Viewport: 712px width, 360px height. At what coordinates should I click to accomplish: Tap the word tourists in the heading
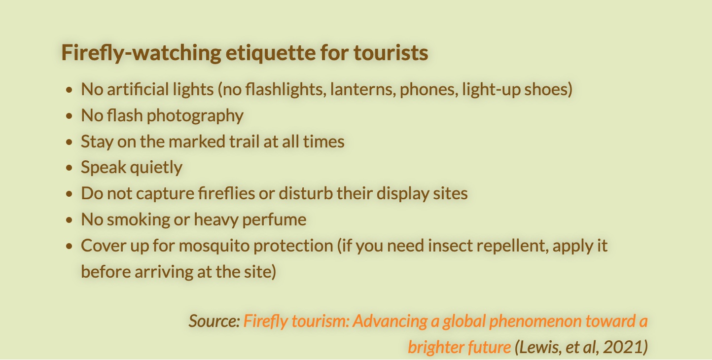click(391, 52)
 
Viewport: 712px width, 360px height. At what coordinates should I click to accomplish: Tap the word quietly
click(156, 168)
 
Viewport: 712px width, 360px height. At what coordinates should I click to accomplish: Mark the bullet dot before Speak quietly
click(69, 168)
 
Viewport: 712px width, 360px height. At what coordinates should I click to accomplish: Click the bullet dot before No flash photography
click(69, 116)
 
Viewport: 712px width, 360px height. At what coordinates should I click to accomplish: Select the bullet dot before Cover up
click(69, 247)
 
